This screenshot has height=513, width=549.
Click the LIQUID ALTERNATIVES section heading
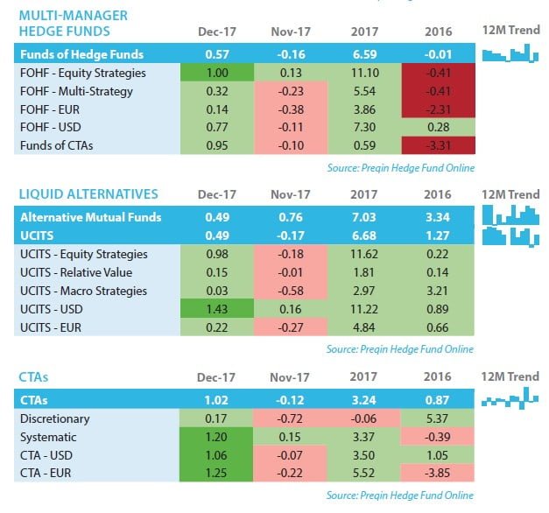pyautogui.click(x=88, y=193)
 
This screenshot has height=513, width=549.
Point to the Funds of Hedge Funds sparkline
pyautogui.click(x=509, y=54)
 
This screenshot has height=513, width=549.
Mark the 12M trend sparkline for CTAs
pyautogui.click(x=510, y=401)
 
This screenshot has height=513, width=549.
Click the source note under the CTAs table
pyautogui.click(x=399, y=495)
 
